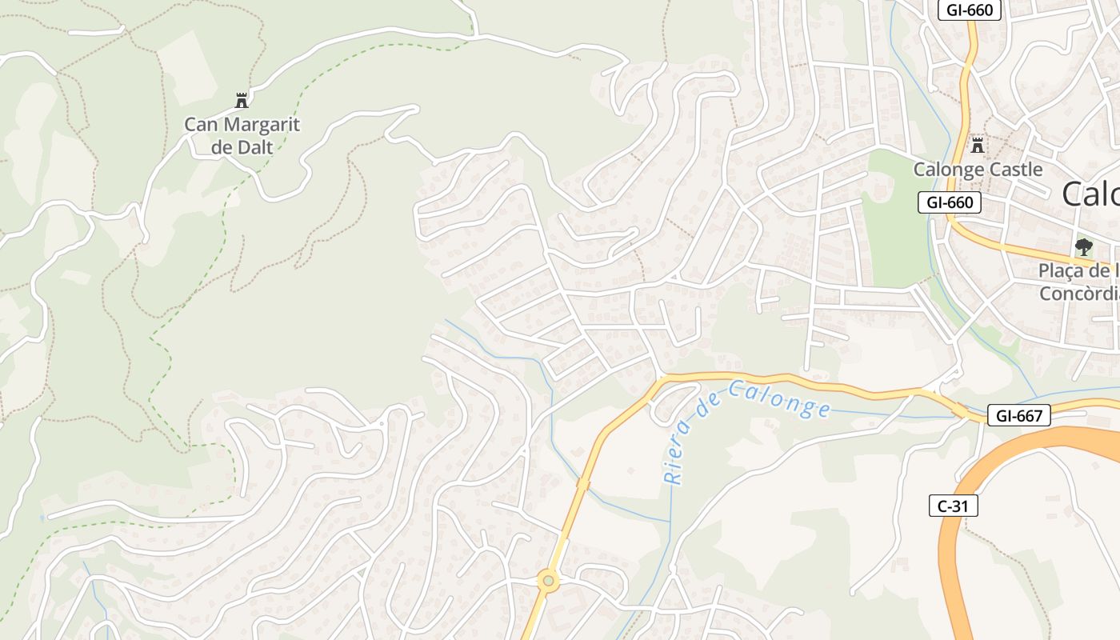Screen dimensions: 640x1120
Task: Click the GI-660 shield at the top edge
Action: (x=970, y=10)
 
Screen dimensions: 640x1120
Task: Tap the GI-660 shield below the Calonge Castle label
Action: (x=950, y=202)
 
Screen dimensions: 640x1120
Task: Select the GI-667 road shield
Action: (x=1018, y=415)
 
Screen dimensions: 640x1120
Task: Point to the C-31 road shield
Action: (x=954, y=506)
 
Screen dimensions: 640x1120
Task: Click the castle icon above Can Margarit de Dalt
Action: (x=242, y=101)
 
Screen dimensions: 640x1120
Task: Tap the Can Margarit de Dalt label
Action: (x=242, y=136)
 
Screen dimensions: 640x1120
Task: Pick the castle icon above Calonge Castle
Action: (x=977, y=146)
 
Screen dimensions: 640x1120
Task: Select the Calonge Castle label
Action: (x=978, y=170)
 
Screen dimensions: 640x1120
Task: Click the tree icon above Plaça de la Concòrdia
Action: (x=1084, y=246)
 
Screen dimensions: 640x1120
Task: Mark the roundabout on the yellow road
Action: (x=548, y=580)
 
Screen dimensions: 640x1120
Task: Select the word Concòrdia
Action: (x=1078, y=294)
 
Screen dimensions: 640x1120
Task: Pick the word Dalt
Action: (x=255, y=147)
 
